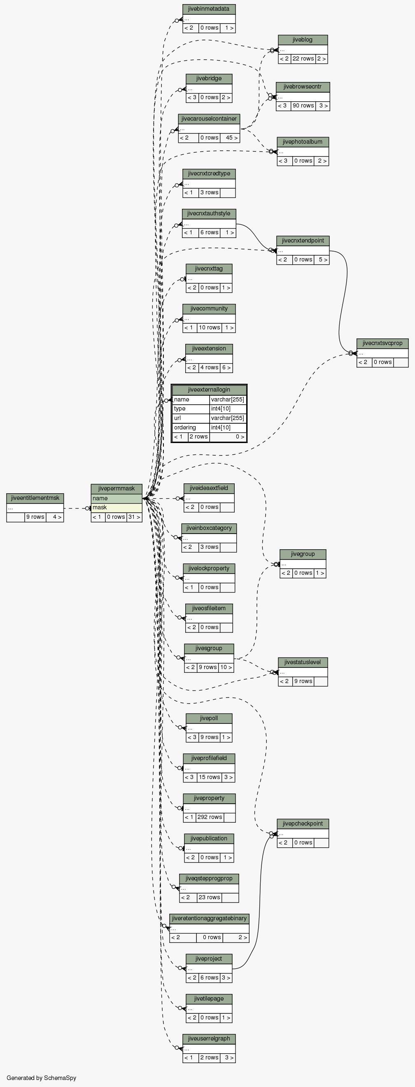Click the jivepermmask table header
pyautogui.click(x=117, y=488)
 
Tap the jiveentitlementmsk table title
pyautogui.click(x=35, y=498)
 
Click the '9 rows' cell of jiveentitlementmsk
pyautogui.click(x=35, y=517)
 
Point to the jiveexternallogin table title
pyautogui.click(x=209, y=390)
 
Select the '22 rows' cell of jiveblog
pyautogui.click(x=303, y=58)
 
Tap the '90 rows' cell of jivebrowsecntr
pyautogui.click(x=303, y=105)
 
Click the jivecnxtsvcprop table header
pyautogui.click(x=382, y=343)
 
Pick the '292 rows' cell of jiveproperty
pyautogui.click(x=210, y=817)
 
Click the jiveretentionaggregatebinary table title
pyautogui.click(x=209, y=918)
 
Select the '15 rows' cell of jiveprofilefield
pyautogui.click(x=209, y=777)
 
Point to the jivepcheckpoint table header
pyautogui.click(x=303, y=823)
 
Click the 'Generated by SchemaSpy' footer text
pyautogui.click(x=41, y=1078)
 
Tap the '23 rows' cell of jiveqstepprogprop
pyautogui.click(x=209, y=897)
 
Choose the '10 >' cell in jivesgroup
pyautogui.click(x=226, y=667)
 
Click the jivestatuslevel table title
pyautogui.click(x=303, y=662)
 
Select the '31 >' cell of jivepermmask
pyautogui.click(x=134, y=517)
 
